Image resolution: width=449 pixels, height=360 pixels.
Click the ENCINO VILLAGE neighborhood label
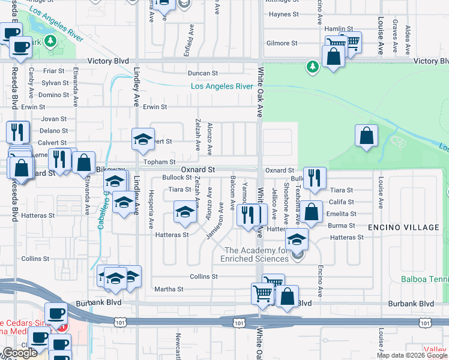(x=405, y=227)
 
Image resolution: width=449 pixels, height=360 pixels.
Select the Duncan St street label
(x=202, y=73)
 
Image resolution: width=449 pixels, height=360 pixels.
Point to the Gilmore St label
(x=282, y=43)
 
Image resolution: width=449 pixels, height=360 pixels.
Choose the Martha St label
(x=169, y=289)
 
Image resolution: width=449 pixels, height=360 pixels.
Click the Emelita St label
(x=341, y=214)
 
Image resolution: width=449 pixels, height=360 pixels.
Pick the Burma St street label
(x=341, y=226)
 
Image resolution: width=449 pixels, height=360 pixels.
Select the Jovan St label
(x=54, y=119)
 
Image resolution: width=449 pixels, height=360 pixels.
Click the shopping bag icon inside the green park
(x=366, y=137)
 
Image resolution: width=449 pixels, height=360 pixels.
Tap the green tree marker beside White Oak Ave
(x=312, y=66)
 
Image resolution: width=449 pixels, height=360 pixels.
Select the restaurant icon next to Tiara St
(x=314, y=178)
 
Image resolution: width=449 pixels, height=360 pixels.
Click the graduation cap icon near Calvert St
(x=143, y=141)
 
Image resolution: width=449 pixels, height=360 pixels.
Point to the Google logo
(x=20, y=353)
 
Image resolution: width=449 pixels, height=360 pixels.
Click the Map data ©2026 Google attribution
(x=412, y=355)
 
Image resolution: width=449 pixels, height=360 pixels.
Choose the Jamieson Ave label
(x=214, y=224)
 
